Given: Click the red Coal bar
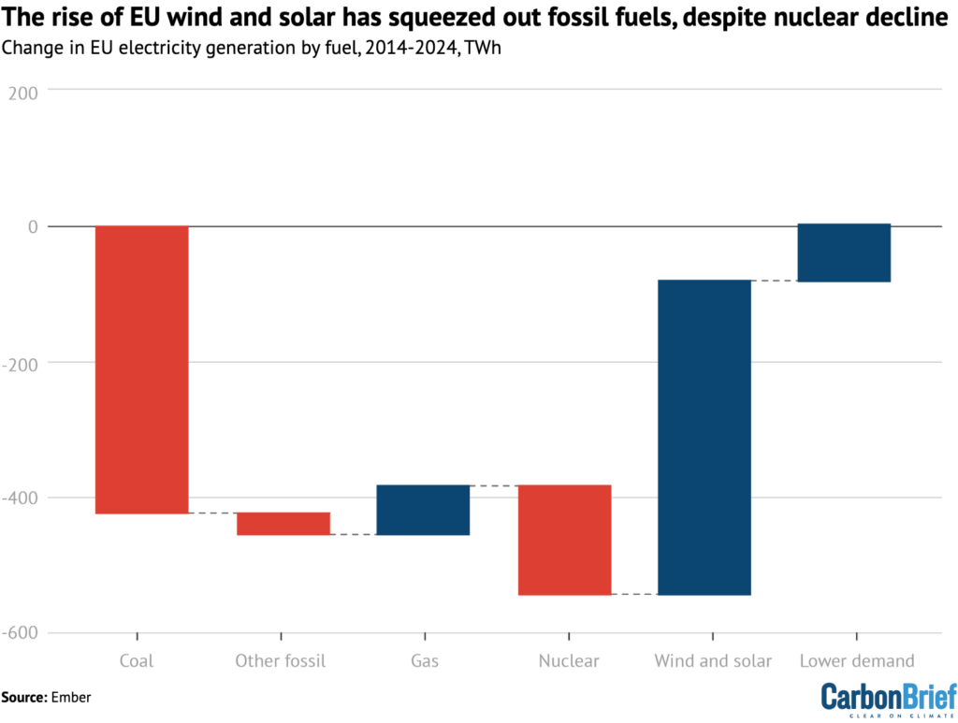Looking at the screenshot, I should coord(141,369).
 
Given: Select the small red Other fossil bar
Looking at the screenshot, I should coord(283,523).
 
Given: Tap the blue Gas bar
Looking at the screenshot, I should coord(423,510).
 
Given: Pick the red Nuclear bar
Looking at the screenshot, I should coord(564,540).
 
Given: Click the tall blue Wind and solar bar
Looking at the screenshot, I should coord(704,437).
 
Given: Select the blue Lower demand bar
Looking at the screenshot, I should coord(844,253).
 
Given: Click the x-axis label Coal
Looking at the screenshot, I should coord(137,661).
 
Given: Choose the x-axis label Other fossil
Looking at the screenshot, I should coord(281,661).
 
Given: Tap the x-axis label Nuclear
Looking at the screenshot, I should coord(569,661).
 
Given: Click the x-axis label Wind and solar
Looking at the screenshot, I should coord(713,661).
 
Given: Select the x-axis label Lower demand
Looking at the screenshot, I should coord(857,661).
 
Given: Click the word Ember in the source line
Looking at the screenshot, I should coord(73,697).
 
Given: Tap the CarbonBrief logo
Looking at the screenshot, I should coord(888,700).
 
